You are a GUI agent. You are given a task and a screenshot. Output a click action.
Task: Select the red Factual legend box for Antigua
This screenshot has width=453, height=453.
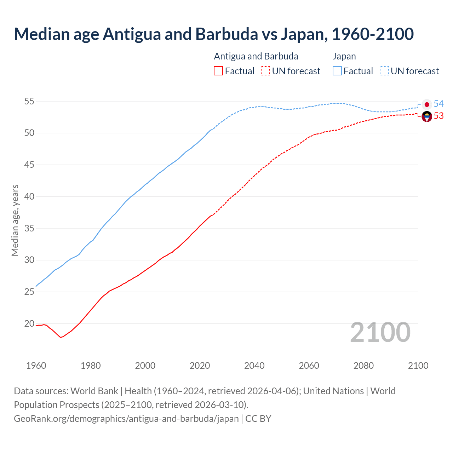point(218,71)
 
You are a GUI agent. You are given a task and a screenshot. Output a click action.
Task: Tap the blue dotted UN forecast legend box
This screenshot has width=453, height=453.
point(384,71)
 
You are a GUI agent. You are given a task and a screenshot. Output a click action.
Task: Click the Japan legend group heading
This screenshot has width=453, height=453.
point(344,56)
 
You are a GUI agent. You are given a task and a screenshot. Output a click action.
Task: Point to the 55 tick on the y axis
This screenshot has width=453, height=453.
point(29,102)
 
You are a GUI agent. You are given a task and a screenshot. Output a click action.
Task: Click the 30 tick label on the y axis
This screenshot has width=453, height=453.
point(29,260)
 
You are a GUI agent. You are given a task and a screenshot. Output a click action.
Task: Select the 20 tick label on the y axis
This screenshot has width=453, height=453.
point(29,323)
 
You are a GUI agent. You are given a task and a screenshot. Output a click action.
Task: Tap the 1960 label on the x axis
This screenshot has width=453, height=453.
point(36,366)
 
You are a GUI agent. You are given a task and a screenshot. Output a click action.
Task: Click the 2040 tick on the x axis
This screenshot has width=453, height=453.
point(254,366)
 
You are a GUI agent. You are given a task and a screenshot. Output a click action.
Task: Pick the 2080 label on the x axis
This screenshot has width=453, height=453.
point(363,366)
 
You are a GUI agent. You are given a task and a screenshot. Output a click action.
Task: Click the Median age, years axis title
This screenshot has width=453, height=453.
point(15,220)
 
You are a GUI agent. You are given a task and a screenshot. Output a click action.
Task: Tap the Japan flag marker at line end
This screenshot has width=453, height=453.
point(427,104)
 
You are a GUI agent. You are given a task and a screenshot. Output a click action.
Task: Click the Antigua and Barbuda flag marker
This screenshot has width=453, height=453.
point(427,116)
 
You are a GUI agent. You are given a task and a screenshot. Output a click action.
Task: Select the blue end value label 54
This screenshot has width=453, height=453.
point(438,104)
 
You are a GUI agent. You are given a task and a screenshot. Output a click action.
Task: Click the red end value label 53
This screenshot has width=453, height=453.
point(438,116)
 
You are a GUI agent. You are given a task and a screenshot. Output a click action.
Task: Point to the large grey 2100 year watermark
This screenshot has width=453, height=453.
point(380,332)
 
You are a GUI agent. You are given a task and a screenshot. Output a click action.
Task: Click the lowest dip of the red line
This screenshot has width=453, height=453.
point(61,337)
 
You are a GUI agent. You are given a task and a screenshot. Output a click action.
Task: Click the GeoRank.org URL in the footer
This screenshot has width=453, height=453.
point(126,419)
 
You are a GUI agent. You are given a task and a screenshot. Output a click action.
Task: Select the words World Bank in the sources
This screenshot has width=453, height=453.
point(94,391)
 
